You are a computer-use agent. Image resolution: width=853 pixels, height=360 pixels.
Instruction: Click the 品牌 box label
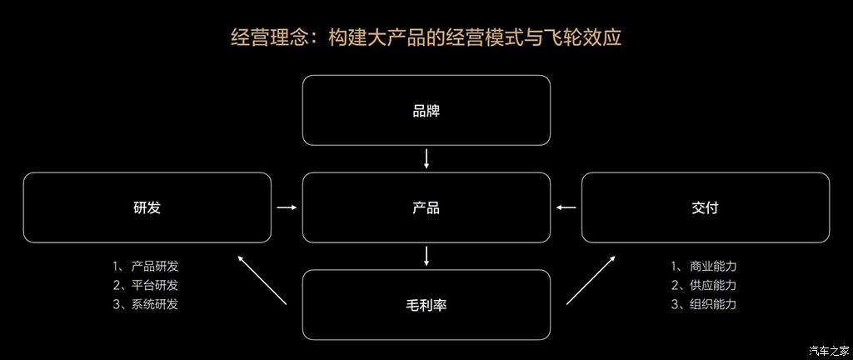[426, 111]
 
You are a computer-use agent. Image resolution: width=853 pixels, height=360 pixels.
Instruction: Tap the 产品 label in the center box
[426, 207]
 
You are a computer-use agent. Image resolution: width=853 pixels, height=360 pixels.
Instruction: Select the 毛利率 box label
[426, 305]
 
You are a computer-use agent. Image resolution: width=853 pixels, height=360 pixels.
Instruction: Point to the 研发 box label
[147, 207]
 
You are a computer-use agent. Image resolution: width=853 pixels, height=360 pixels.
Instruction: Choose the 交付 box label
[705, 207]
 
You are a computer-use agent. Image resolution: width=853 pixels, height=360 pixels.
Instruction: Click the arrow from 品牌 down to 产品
[426, 159]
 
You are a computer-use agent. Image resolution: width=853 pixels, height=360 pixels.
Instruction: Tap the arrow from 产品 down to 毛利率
[426, 256]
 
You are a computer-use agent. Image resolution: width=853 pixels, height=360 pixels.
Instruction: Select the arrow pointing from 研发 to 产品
[286, 207]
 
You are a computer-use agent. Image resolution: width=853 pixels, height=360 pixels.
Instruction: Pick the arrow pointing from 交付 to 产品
[566, 207]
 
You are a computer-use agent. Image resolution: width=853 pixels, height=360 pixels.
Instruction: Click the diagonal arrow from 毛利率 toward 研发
[262, 280]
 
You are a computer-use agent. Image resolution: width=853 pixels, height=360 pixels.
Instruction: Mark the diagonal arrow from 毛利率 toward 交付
[591, 280]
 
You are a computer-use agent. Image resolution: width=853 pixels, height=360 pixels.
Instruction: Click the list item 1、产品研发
[146, 267]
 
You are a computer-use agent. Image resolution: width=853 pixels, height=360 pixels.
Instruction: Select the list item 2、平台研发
[146, 285]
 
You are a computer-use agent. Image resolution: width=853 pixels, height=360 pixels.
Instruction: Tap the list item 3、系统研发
[146, 304]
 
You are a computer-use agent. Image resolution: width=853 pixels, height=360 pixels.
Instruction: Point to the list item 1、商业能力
[704, 267]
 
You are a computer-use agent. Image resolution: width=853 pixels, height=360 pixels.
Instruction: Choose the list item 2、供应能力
[704, 285]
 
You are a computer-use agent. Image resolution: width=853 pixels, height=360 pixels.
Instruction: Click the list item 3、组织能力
[704, 304]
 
